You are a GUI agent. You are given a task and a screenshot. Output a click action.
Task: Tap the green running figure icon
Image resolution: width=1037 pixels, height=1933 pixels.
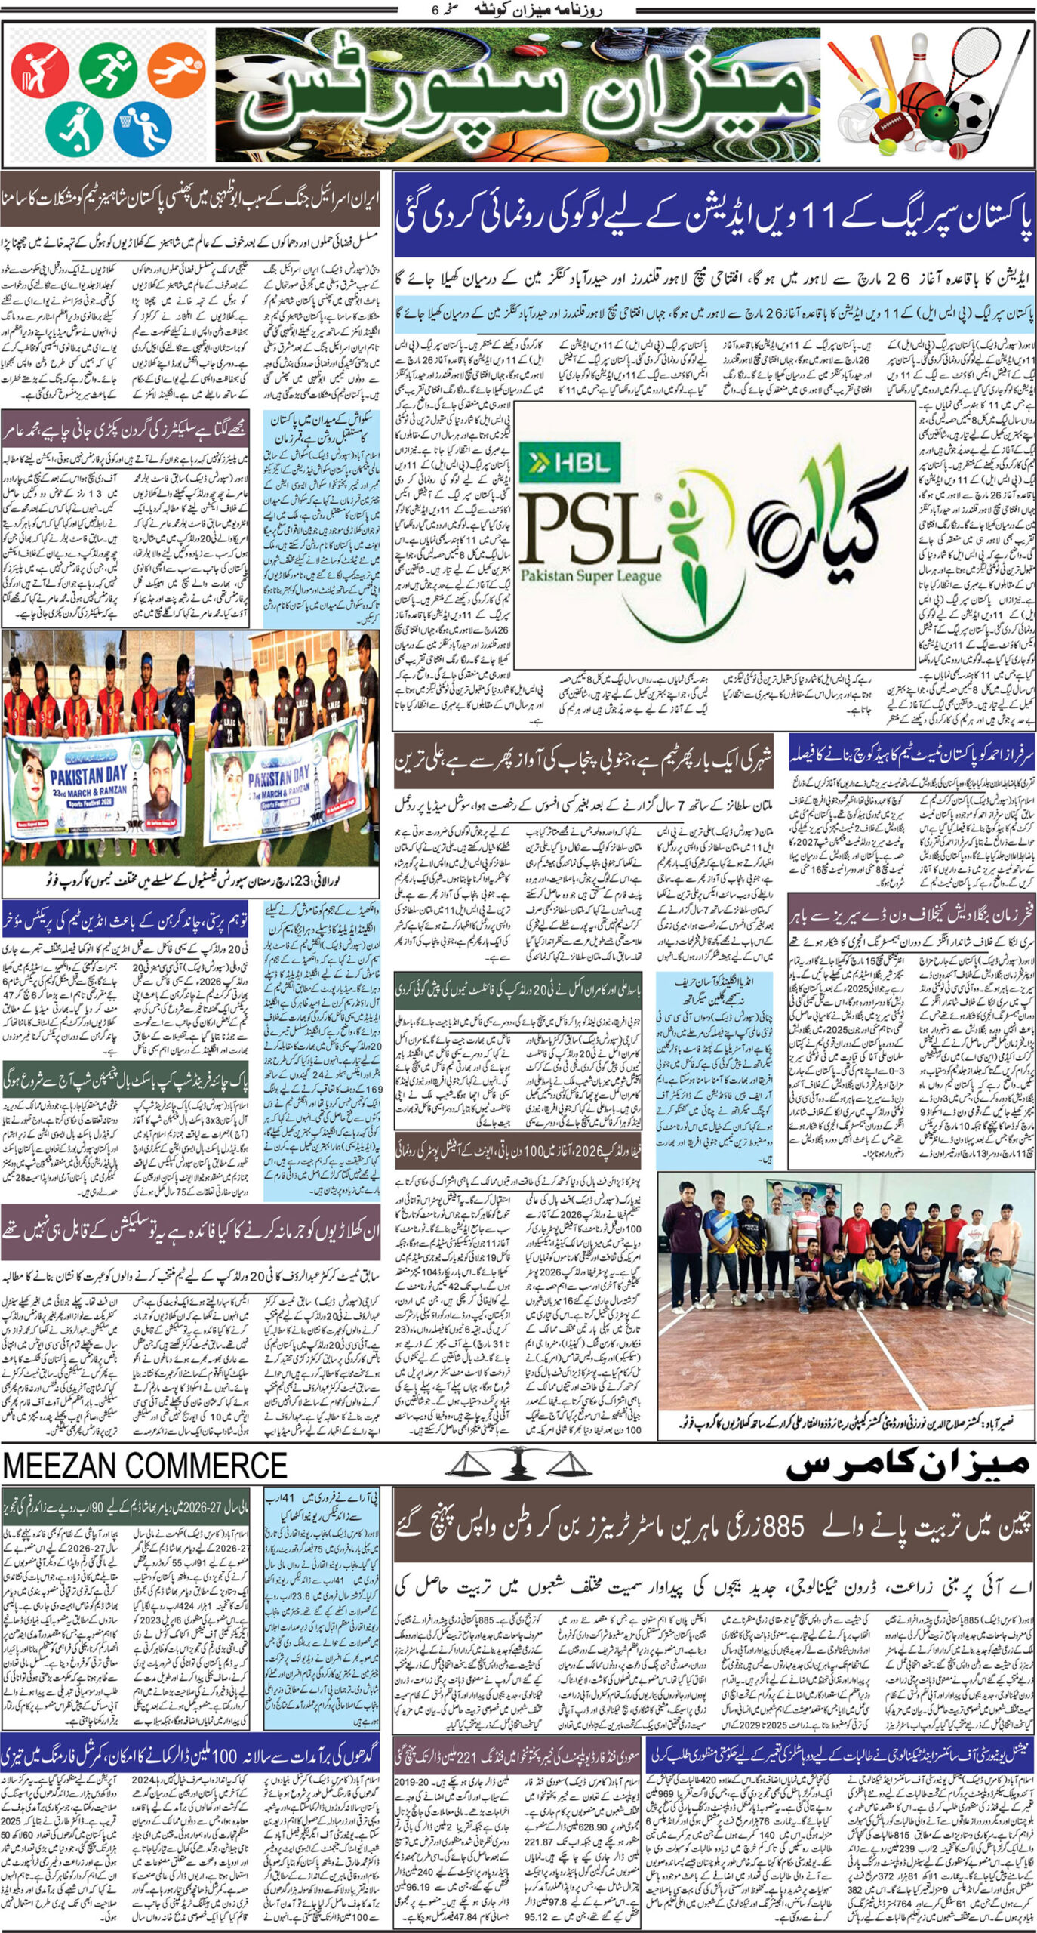(108, 69)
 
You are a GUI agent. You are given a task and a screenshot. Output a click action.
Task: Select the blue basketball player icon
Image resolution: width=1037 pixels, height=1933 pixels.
(143, 127)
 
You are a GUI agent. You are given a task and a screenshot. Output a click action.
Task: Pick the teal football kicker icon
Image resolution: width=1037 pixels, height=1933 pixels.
(74, 127)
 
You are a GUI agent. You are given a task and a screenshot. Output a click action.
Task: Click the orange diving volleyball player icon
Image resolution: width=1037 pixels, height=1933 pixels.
(176, 69)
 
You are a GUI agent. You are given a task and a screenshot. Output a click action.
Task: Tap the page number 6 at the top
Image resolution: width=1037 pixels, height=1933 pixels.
(434, 11)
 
